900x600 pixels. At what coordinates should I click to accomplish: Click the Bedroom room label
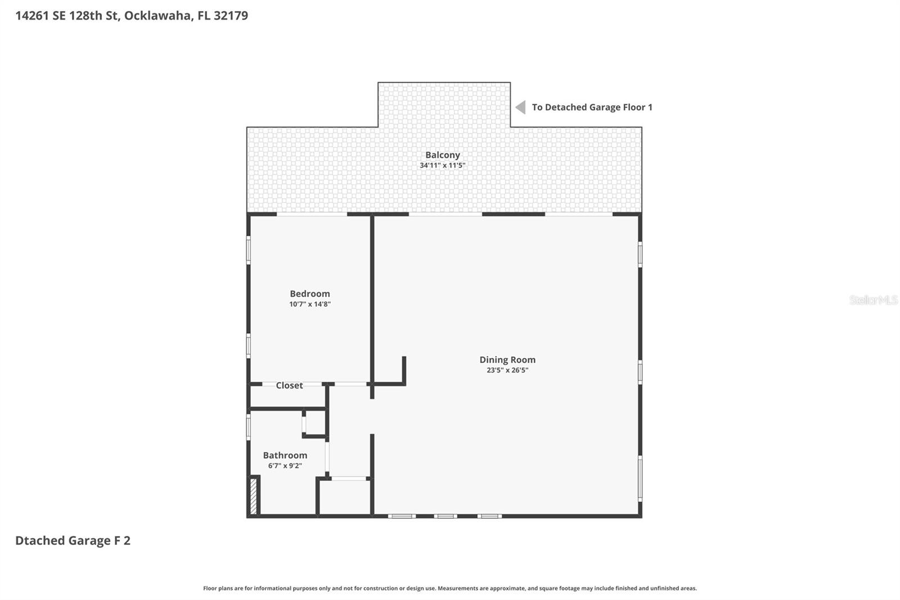point(309,293)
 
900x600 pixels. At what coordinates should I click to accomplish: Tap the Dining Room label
point(507,360)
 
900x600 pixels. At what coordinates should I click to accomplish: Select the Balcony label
point(442,155)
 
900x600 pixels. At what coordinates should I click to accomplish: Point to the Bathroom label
point(285,455)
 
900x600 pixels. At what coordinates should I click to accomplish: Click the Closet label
point(289,386)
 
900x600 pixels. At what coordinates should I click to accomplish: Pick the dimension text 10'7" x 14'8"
point(309,304)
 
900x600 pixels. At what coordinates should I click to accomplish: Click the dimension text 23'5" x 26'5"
point(507,370)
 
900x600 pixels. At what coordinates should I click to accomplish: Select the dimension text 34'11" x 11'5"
point(442,165)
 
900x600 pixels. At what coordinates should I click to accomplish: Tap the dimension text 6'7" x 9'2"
point(285,465)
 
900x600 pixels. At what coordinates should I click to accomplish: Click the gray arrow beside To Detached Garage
point(521,107)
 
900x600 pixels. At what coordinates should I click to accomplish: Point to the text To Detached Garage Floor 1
point(592,107)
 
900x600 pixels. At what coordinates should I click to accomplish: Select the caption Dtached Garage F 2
point(73,540)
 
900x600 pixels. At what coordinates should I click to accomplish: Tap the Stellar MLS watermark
point(873,300)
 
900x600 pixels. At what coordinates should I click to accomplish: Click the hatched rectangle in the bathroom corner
point(253,495)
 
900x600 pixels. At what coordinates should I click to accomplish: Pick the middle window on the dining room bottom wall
point(445,516)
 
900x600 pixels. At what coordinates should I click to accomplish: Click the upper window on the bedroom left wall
point(248,250)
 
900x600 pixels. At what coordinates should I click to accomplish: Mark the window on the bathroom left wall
point(248,427)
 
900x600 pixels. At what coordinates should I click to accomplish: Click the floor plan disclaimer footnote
point(449,588)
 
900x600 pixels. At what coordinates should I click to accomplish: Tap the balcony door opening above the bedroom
point(312,214)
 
